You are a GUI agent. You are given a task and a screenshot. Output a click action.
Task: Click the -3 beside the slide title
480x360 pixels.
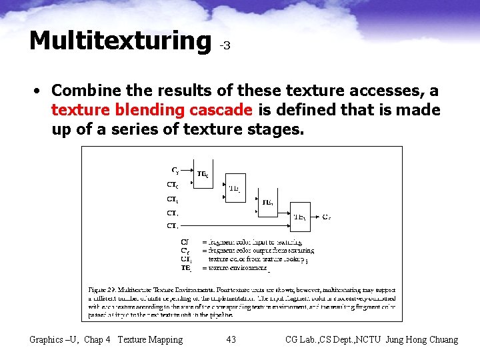tap(225, 46)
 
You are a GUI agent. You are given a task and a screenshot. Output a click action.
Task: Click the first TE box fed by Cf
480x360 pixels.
tap(202, 174)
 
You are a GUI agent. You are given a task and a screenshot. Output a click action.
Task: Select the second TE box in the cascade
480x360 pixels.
tap(234, 188)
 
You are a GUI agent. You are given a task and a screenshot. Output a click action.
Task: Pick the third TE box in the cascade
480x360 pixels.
tap(267, 201)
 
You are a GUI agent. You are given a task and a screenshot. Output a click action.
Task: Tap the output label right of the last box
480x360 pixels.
tap(327, 217)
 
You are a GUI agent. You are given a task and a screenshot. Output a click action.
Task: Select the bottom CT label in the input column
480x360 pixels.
tap(172, 226)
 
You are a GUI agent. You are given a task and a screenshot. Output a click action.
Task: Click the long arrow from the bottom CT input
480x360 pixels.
tap(233, 226)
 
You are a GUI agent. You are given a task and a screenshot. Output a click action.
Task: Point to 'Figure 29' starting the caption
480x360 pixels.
tap(104, 290)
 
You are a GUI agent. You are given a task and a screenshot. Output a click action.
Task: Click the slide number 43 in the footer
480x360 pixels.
tap(231, 340)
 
